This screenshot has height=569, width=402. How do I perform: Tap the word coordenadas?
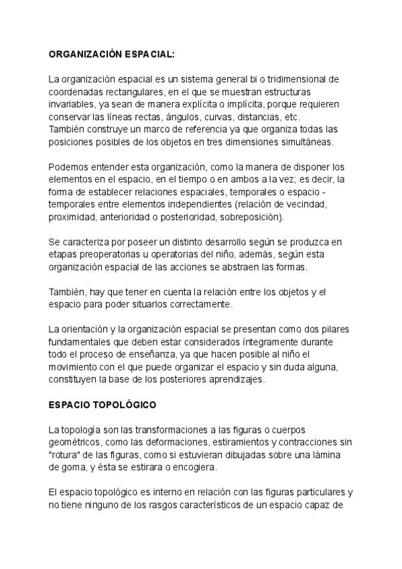pos(76,91)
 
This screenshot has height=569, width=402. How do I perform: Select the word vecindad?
pos(306,205)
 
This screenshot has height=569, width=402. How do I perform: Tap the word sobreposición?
pos(251,217)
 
